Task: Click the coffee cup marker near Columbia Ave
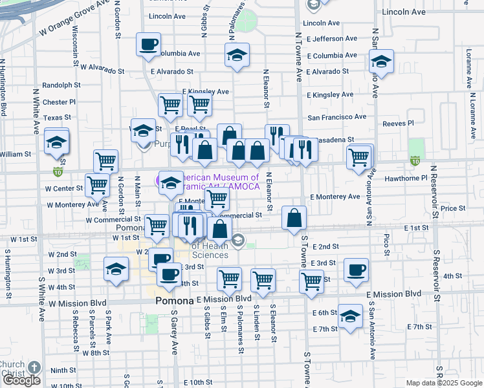[x=148, y=45]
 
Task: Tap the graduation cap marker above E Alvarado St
[x=237, y=55]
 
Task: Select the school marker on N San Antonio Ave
[x=382, y=62]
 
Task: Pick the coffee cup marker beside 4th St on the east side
[x=355, y=270]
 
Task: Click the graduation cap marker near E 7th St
[x=350, y=316]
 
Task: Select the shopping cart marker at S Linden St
[x=263, y=279]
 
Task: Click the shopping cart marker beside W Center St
[x=97, y=185]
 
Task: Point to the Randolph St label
[x=61, y=85]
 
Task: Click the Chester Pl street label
[x=60, y=102]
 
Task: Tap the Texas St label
[x=58, y=118]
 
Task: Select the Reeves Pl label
[x=398, y=123]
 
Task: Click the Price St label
[x=453, y=208]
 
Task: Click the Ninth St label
[x=63, y=371]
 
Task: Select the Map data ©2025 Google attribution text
[x=443, y=383]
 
